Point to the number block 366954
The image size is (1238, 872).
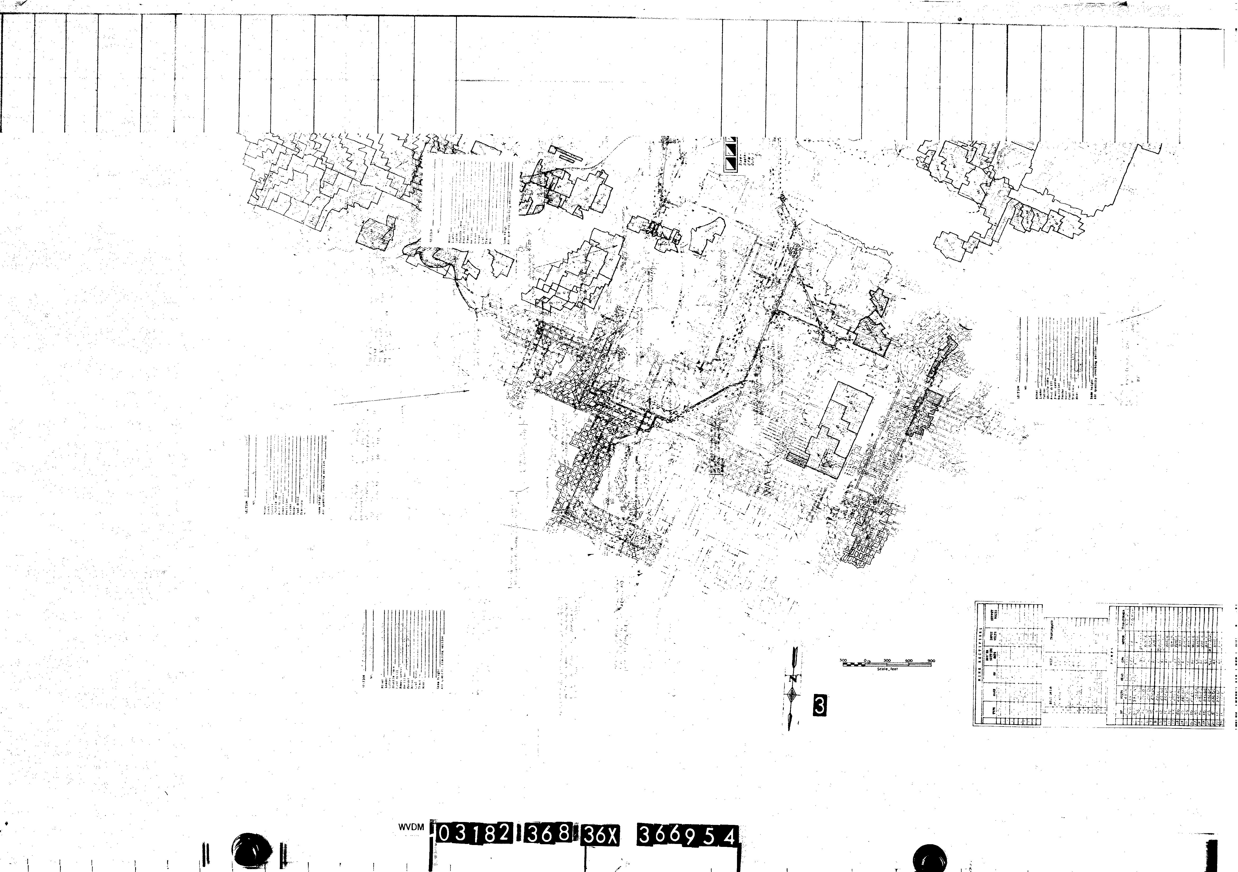[x=688, y=836]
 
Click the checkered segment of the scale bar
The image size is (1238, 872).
[x=855, y=664]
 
